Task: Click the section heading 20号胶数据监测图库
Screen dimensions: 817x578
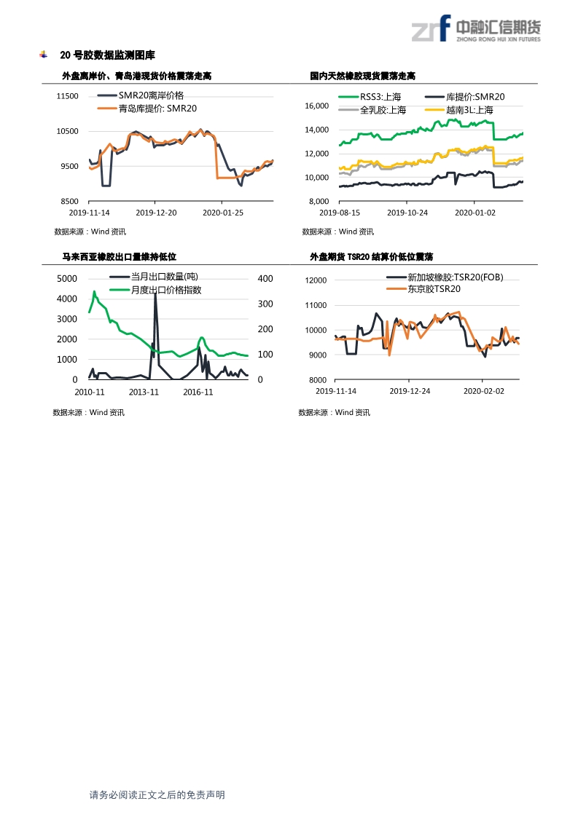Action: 107,55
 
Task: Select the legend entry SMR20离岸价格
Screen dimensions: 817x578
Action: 151,96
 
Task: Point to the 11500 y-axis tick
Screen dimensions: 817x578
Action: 67,96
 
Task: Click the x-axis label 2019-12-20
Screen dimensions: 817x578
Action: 157,213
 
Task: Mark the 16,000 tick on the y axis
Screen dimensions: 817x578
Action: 316,106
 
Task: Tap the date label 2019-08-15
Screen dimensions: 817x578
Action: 340,213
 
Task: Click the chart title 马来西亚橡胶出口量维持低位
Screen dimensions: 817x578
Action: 119,256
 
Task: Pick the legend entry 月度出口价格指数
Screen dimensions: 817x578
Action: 165,290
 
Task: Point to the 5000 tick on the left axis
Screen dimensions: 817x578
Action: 66,279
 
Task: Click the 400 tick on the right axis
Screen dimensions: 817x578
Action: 265,279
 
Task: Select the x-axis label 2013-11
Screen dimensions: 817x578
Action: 144,391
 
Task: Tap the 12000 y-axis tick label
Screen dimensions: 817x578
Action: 316,280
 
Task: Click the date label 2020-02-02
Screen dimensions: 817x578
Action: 484,391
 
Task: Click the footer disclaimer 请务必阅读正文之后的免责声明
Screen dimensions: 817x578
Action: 157,795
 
